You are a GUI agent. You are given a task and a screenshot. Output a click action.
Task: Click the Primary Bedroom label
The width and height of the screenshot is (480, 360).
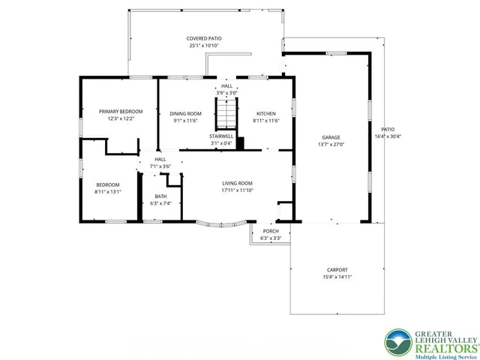coord(120,111)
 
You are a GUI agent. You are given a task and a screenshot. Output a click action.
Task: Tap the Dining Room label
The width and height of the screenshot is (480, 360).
coord(185,113)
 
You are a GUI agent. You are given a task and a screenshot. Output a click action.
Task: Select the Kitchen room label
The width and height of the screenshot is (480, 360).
coord(266,113)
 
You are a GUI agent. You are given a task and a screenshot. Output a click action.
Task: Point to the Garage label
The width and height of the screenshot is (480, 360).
coord(331,137)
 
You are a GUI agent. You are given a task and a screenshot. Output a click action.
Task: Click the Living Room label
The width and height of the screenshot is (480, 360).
coord(236,183)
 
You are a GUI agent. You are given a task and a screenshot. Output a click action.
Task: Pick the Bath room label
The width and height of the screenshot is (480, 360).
coord(161,196)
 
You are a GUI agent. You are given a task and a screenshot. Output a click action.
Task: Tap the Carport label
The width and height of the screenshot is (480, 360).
coord(337,270)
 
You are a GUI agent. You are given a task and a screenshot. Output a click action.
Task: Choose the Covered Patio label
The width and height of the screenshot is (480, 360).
coord(204,38)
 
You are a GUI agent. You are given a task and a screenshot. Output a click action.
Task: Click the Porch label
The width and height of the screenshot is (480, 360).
coord(270,231)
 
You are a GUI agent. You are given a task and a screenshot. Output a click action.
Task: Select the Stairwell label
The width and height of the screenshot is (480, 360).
coord(221,136)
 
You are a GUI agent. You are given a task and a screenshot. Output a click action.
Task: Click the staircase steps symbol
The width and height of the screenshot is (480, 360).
coord(226,115)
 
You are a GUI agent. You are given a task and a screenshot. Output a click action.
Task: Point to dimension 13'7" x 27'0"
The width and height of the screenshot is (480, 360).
coord(331,144)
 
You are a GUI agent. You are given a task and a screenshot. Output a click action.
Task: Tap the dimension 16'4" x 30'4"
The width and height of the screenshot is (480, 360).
coord(388,136)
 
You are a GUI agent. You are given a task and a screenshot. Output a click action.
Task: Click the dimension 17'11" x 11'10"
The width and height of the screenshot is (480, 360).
coord(236,190)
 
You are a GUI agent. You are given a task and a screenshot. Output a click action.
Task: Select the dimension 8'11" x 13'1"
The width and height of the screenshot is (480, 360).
coord(108,191)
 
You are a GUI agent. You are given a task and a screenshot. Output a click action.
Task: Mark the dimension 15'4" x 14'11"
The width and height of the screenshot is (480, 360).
coord(337,277)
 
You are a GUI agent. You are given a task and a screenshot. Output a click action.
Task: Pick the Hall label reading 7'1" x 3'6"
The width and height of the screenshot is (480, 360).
coord(160,166)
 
